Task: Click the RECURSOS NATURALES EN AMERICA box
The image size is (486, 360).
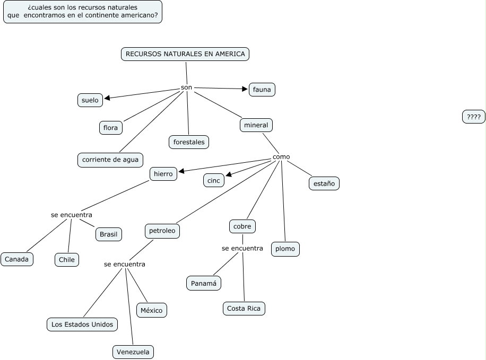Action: [185, 54]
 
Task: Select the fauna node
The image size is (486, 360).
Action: [262, 90]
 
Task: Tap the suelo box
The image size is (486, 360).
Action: [90, 100]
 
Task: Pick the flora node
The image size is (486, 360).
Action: [111, 128]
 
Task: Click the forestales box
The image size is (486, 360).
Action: [189, 142]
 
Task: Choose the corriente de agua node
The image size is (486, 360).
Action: [110, 160]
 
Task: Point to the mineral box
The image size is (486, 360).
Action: [256, 125]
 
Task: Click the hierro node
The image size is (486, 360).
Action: [163, 174]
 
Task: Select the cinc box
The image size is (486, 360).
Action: [214, 181]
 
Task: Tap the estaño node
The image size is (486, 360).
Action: [324, 183]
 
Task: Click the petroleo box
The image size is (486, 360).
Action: [162, 231]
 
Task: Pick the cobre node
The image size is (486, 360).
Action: [242, 226]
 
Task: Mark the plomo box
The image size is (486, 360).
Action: [286, 249]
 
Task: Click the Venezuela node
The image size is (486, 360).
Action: [133, 352]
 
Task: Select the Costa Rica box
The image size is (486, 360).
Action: [244, 309]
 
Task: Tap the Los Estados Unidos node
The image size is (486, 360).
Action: [82, 324]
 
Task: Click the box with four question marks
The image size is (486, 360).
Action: [474, 117]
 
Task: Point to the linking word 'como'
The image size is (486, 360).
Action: [281, 157]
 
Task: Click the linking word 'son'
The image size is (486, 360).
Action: [186, 87]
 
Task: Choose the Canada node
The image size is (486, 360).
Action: [17, 259]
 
